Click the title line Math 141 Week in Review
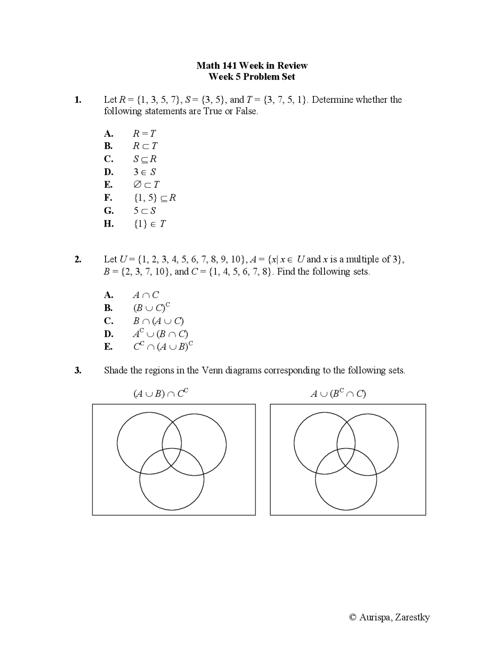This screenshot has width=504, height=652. pos(252,65)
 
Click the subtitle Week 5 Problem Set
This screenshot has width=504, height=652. pos(252,76)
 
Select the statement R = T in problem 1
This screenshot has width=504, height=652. pos(144,133)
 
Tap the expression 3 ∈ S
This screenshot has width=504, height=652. pos(145,172)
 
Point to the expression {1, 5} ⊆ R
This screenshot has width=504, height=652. pos(155,198)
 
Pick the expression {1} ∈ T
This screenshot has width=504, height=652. pos(150,224)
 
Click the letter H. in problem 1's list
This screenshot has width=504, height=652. pos(109,224)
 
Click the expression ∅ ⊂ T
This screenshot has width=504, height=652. pos(146,185)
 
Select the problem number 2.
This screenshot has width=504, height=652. pos(78,259)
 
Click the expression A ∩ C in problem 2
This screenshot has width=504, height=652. pos(146,295)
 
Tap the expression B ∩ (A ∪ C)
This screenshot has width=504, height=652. pos(158,321)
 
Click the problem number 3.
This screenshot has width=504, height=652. pos(78,370)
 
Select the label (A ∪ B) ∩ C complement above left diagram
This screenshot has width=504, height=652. pos(161,393)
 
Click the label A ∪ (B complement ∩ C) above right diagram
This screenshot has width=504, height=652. pos(338,393)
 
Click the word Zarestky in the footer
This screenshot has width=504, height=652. pos(412,617)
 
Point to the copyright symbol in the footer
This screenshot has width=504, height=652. pos(353,617)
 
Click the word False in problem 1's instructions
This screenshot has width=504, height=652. pos(246,111)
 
